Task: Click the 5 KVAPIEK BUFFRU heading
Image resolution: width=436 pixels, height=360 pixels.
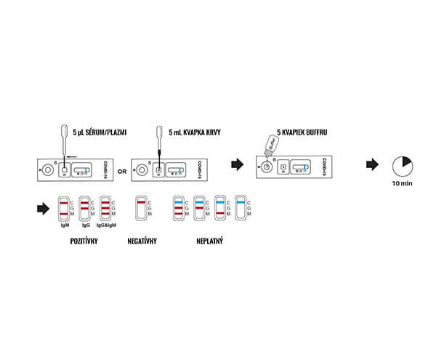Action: click(301, 133)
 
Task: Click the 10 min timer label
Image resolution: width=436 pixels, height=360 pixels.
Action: click(401, 185)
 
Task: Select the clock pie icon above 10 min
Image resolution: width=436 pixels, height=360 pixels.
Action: click(401, 164)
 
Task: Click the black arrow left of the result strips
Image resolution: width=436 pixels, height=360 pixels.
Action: click(43, 209)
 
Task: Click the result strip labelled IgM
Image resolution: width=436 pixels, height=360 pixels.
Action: click(64, 208)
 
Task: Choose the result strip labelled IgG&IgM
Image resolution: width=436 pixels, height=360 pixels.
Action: click(106, 208)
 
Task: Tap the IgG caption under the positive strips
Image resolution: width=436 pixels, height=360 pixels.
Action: click(85, 225)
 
